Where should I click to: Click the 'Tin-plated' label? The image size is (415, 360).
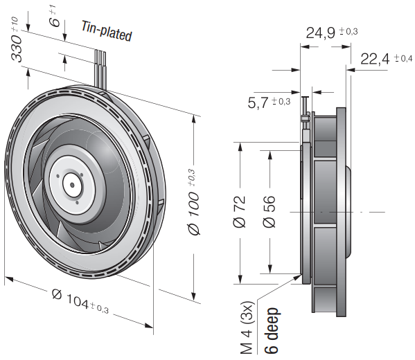(107, 31)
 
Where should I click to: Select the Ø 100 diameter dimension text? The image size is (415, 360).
(193, 202)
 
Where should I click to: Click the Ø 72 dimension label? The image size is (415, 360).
(240, 212)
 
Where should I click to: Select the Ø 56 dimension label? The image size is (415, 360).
(270, 212)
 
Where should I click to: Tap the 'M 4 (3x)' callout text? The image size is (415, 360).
(247, 327)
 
